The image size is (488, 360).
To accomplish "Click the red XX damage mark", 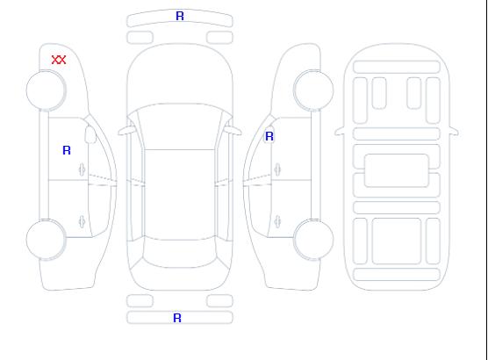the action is [59, 60].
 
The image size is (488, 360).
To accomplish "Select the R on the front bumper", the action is [180, 16].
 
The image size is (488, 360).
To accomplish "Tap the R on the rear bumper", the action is [177, 318].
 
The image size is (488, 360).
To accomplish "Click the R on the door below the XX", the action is [67, 150].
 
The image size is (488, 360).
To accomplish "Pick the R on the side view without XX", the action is [269, 136].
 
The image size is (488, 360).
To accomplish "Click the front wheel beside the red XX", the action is [46, 90].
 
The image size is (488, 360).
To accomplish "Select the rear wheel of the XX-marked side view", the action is [46, 240].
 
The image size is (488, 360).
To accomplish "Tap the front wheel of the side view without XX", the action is [313, 90].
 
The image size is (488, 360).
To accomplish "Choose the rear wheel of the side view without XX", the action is [313, 240].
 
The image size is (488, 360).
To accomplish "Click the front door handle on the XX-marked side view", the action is [82, 169].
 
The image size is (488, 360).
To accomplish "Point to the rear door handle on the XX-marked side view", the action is [82, 221].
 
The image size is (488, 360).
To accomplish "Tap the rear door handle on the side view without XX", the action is [277, 221].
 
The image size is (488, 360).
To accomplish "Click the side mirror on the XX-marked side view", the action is [90, 134].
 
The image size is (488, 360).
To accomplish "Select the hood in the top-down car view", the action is [180, 75].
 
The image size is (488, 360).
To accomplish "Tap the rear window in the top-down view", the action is [180, 253].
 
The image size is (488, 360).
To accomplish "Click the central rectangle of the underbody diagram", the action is [396, 170].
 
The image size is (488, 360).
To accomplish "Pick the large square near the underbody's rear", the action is [397, 241].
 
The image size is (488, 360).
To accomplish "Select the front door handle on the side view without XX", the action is [277, 169].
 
